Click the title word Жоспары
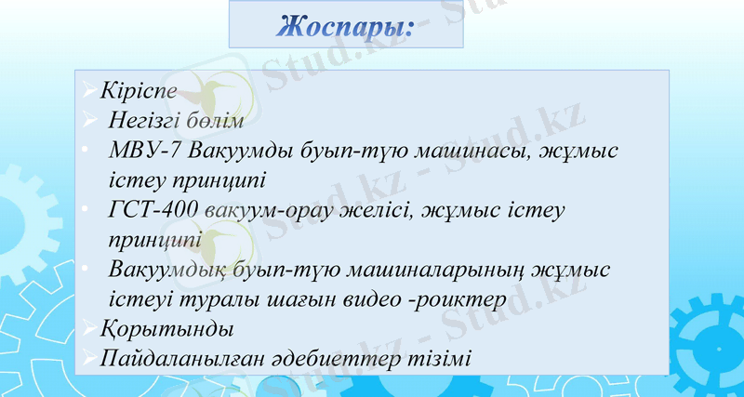[x=344, y=25]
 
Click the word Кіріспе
[x=139, y=93]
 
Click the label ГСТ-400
[x=153, y=209]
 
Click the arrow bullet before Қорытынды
[x=87, y=328]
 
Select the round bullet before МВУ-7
[x=86, y=149]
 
